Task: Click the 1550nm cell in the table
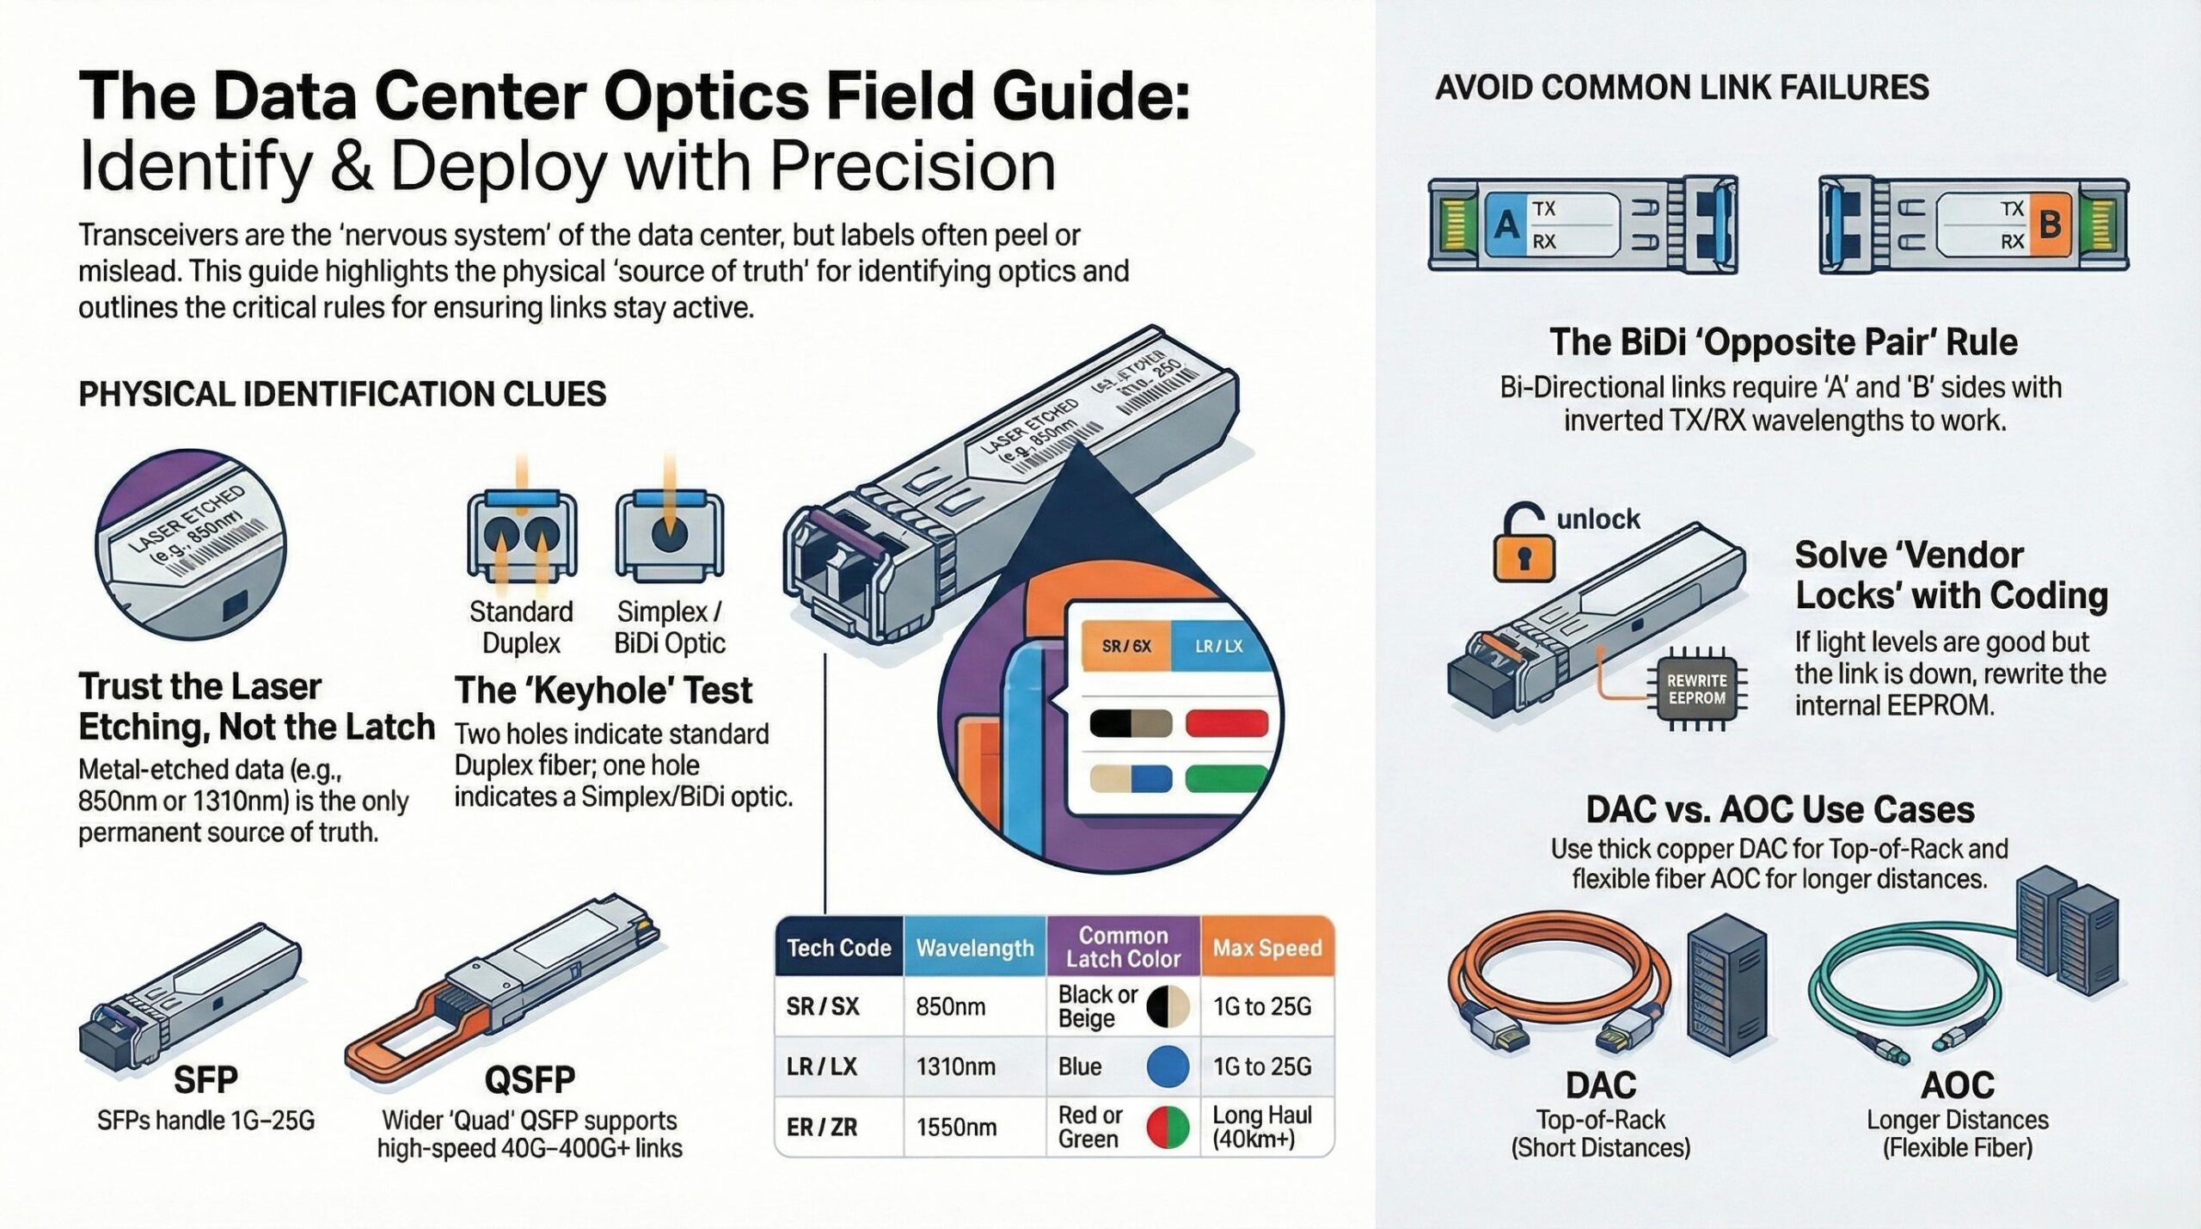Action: [956, 1127]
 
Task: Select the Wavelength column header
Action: [974, 948]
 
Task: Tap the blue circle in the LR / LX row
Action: [1168, 1066]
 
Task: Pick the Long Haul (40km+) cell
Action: [1262, 1127]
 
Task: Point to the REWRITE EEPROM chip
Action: [1695, 690]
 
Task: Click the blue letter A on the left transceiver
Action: [1505, 225]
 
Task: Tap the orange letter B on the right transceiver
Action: [2050, 225]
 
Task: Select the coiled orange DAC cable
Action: [1556, 989]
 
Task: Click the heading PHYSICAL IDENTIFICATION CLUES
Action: [342, 394]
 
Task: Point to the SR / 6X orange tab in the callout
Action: [1125, 646]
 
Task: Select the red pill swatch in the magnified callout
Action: [1226, 723]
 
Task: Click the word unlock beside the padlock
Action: [1597, 519]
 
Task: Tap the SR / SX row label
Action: [822, 1006]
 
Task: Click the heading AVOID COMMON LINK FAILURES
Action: [1682, 88]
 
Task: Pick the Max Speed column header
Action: [1266, 948]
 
